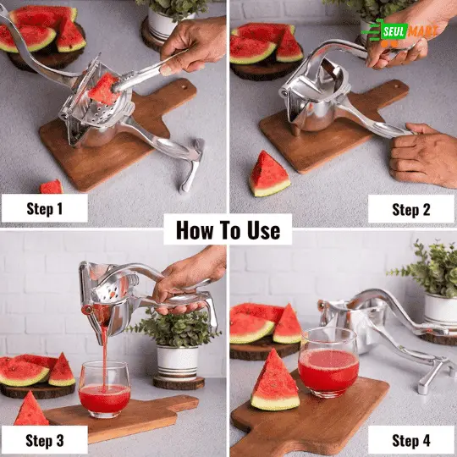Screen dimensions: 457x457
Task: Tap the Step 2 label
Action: pyautogui.click(x=410, y=208)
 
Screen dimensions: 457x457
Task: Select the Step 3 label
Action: pyautogui.click(x=44, y=439)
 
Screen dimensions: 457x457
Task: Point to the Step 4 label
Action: pyautogui.click(x=411, y=439)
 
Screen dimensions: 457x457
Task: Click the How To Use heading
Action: pyautogui.click(x=228, y=229)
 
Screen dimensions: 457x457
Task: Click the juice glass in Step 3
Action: pyautogui.click(x=104, y=388)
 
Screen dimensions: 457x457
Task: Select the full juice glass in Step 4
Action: pyautogui.click(x=329, y=363)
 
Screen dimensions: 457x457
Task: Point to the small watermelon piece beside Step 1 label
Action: pyautogui.click(x=52, y=186)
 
